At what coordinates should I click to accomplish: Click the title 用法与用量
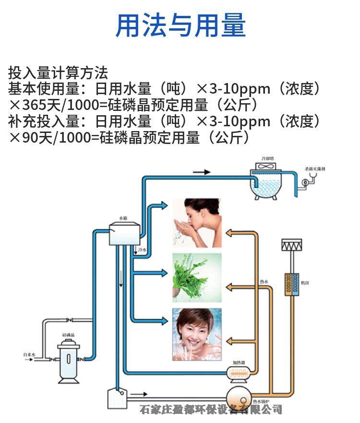click(x=180, y=25)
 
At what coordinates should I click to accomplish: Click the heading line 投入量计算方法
click(x=58, y=73)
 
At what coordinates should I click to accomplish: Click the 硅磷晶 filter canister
click(x=68, y=360)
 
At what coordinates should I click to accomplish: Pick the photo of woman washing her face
click(x=197, y=223)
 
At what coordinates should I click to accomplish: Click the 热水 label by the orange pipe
click(x=264, y=282)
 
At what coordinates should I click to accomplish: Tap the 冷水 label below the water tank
click(x=142, y=250)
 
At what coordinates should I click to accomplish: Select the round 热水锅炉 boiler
click(x=239, y=396)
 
